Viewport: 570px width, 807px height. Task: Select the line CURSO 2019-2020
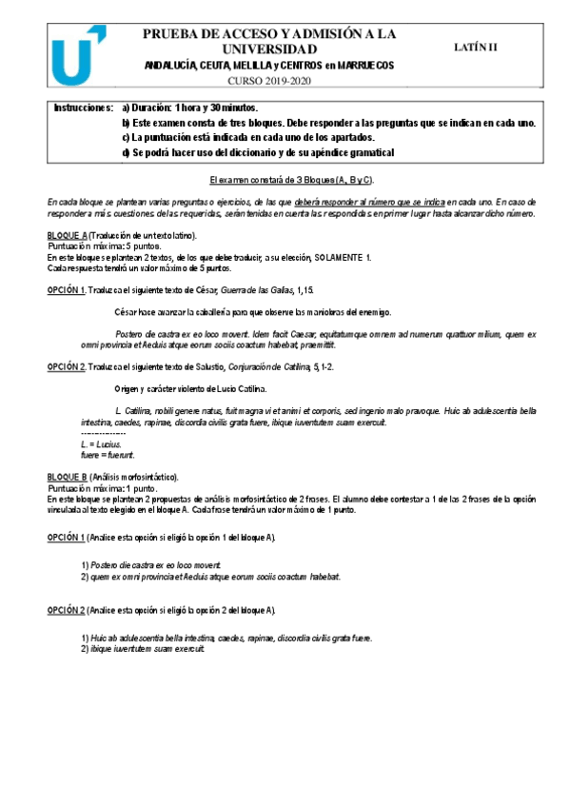pyautogui.click(x=269, y=80)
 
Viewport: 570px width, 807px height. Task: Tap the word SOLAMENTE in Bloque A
pyautogui.click(x=338, y=257)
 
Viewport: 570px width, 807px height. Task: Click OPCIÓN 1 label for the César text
pyautogui.click(x=66, y=289)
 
